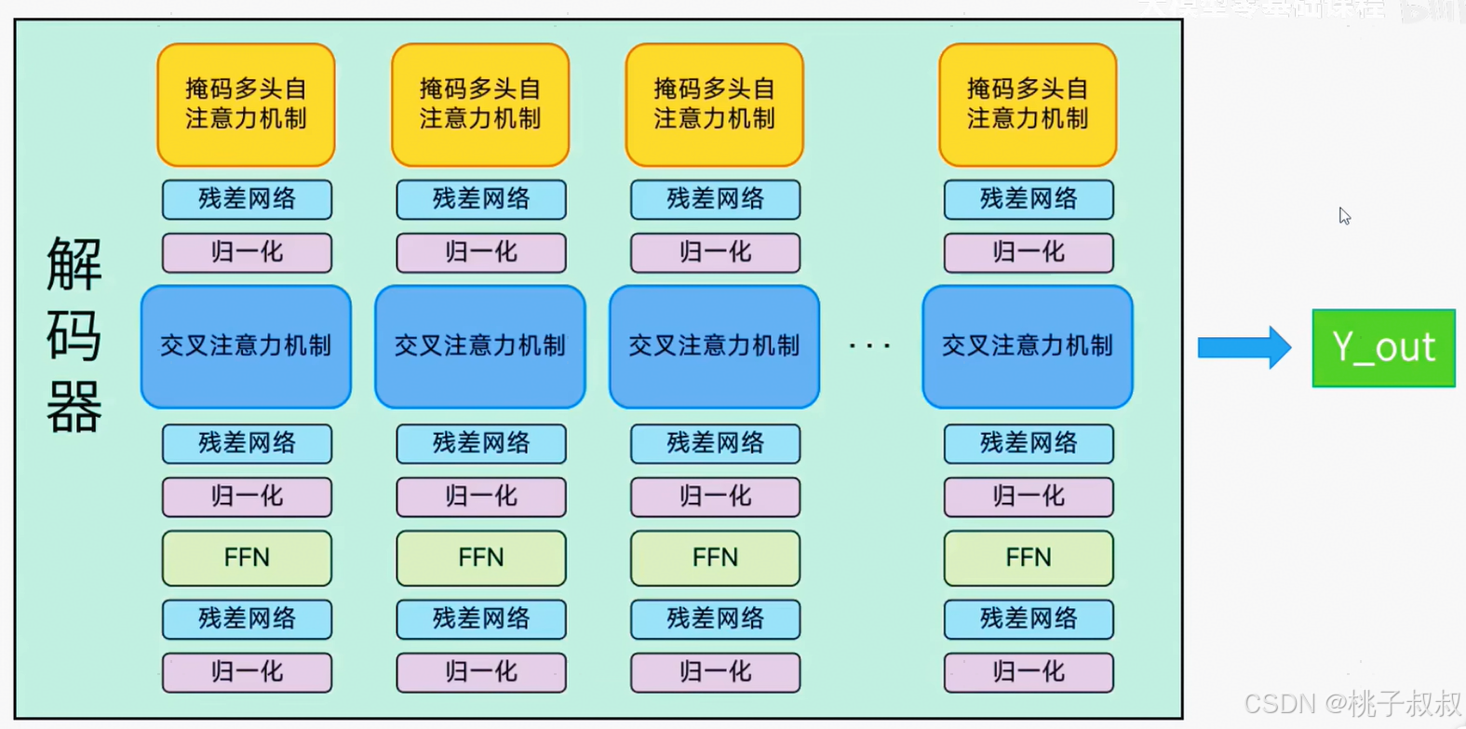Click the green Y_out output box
coord(1383,348)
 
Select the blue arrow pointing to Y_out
coord(1244,348)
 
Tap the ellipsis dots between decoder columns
coord(870,346)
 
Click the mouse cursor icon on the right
coord(1344,216)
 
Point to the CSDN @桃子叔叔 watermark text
coord(1352,703)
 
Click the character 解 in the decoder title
coord(74,265)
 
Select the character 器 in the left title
coord(74,408)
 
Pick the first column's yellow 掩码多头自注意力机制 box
coord(246,104)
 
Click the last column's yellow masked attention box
coord(1028,104)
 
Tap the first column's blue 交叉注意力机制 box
coord(246,346)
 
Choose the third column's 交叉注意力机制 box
coord(714,346)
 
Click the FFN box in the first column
coord(247,558)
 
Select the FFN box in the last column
coord(1029,558)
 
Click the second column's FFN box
coord(480,558)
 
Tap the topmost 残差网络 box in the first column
coord(247,199)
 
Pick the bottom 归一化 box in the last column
coord(1029,672)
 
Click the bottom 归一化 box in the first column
coord(247,672)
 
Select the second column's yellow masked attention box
coord(480,104)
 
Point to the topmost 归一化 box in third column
coord(715,252)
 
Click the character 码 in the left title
coord(74,337)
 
